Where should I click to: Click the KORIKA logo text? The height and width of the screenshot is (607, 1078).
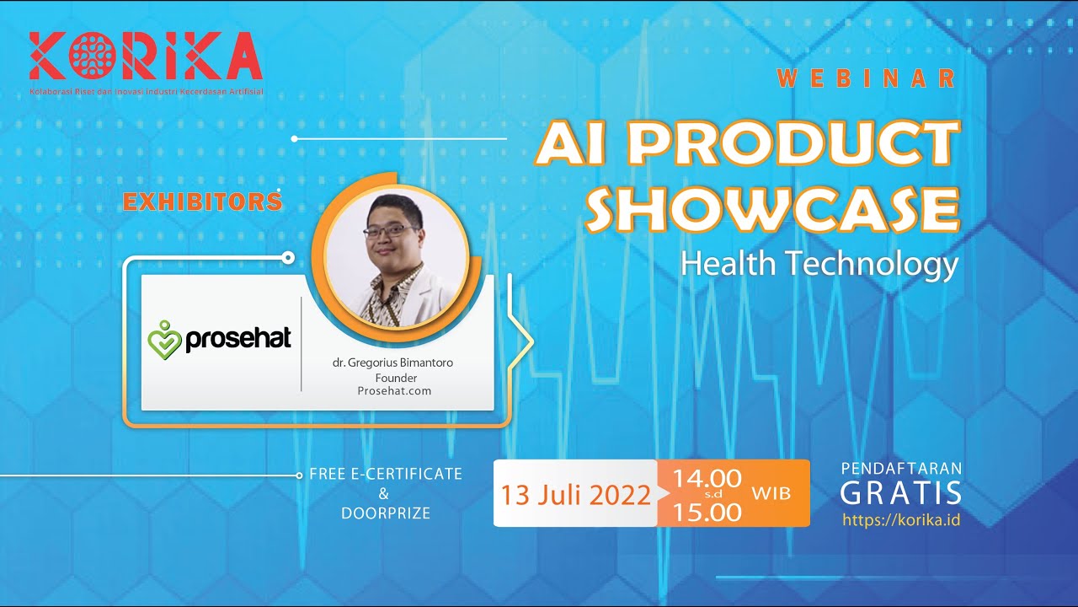tap(145, 57)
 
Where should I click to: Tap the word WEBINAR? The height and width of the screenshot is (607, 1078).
tap(867, 78)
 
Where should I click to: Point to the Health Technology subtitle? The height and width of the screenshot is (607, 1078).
tap(819, 264)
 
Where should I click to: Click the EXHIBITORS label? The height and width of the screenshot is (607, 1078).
tap(202, 202)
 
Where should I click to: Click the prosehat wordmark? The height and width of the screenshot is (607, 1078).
tap(237, 339)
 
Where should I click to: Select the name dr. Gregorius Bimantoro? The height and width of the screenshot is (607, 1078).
tap(392, 363)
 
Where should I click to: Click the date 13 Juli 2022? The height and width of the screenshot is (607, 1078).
tap(575, 495)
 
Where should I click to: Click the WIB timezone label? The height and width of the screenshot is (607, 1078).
tap(771, 493)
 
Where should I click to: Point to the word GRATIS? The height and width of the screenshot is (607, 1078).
tap(900, 492)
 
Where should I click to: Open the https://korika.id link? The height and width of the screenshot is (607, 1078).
tap(901, 519)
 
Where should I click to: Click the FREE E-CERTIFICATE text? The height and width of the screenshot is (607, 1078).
tap(386, 474)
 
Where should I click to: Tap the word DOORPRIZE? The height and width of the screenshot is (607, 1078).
tap(386, 513)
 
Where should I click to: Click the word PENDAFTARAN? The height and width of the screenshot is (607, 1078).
tap(901, 468)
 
